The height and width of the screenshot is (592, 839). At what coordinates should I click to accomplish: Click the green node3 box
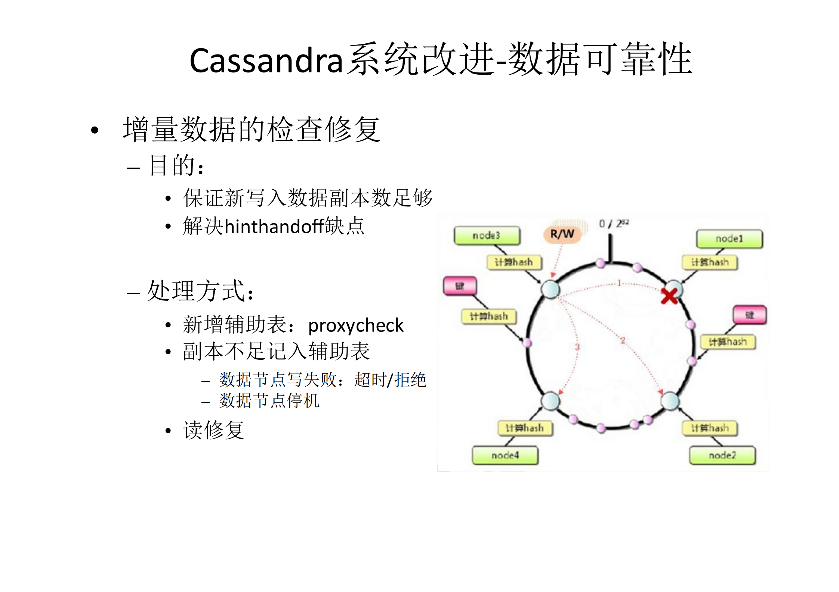click(487, 236)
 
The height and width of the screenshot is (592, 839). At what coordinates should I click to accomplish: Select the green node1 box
click(729, 239)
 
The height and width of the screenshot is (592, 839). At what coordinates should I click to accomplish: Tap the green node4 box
click(505, 455)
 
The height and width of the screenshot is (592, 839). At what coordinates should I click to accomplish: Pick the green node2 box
click(722, 455)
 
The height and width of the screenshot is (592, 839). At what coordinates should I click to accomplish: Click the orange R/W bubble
click(562, 234)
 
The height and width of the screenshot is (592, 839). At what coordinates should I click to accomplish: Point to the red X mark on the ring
click(669, 296)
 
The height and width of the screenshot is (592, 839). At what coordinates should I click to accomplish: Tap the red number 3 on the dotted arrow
click(577, 347)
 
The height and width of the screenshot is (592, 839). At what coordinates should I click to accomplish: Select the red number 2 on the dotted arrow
click(623, 340)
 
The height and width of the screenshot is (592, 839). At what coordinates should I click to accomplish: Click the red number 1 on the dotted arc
click(619, 283)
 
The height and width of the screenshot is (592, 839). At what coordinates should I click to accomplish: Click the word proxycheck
click(355, 325)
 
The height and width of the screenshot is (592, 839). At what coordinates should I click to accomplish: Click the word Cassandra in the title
click(266, 60)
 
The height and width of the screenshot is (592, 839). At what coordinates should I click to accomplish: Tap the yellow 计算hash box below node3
click(514, 262)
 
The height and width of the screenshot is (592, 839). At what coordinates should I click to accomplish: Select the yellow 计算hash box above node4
click(525, 428)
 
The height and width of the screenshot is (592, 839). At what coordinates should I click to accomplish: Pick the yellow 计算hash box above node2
click(709, 428)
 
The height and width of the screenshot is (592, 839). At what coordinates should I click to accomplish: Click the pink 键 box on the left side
click(460, 286)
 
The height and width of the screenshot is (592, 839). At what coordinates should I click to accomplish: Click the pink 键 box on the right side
click(749, 315)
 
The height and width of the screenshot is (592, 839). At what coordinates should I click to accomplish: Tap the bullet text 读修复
click(213, 430)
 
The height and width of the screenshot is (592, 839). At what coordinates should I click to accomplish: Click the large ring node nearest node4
click(550, 401)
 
